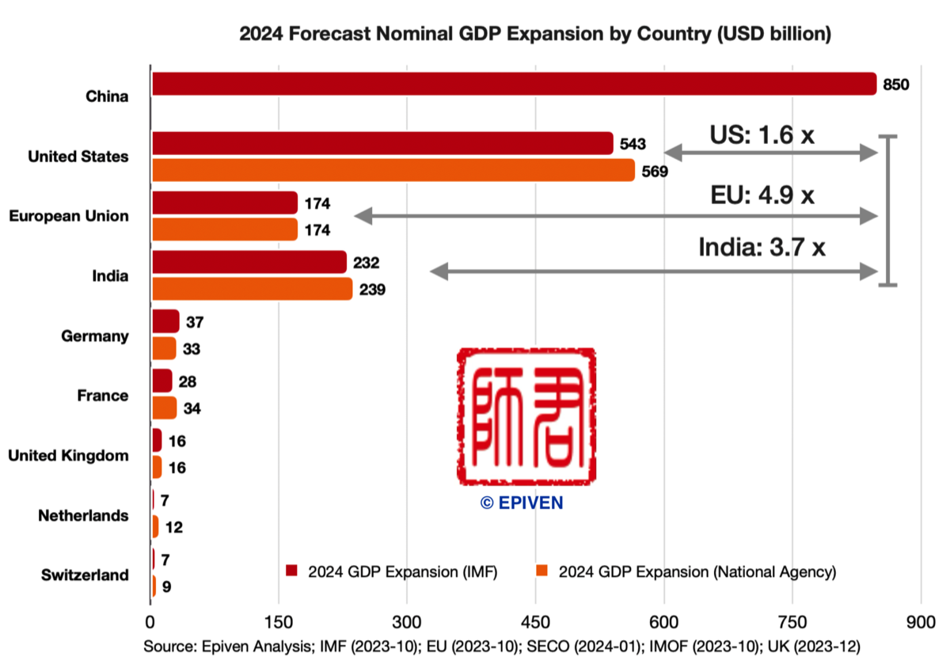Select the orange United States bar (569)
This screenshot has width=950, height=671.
(393, 170)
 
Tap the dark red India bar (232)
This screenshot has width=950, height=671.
(249, 262)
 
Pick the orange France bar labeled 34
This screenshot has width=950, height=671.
(164, 408)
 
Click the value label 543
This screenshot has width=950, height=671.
(633, 144)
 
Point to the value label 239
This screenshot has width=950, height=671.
(372, 290)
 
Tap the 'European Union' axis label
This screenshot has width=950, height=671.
(69, 216)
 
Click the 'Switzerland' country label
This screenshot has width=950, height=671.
(85, 575)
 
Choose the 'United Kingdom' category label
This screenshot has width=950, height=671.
(68, 456)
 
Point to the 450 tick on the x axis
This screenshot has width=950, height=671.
(535, 620)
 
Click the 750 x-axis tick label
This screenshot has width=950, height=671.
(792, 620)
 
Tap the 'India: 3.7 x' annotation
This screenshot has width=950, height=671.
(762, 248)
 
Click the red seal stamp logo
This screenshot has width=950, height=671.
(526, 417)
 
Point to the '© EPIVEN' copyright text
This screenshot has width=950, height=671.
(522, 503)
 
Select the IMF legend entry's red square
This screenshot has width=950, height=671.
(291, 571)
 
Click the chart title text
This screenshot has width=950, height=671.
(534, 34)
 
